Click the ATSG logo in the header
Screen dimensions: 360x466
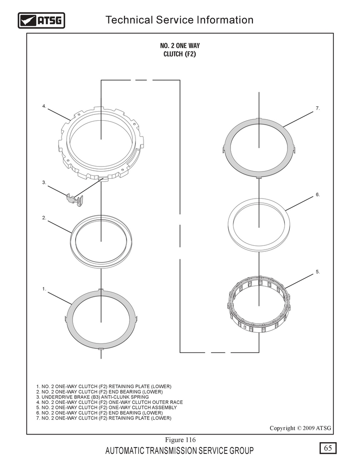click(x=41, y=20)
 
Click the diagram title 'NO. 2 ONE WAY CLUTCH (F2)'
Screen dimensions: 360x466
click(x=180, y=50)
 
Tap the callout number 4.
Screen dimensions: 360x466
click(x=44, y=106)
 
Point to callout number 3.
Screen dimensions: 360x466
click(x=44, y=182)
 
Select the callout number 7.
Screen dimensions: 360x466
click(x=318, y=109)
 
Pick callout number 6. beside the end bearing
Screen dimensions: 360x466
click(x=318, y=195)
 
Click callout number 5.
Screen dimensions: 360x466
click(x=318, y=271)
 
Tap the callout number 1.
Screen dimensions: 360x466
click(x=44, y=289)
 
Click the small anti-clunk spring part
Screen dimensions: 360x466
click(x=73, y=199)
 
